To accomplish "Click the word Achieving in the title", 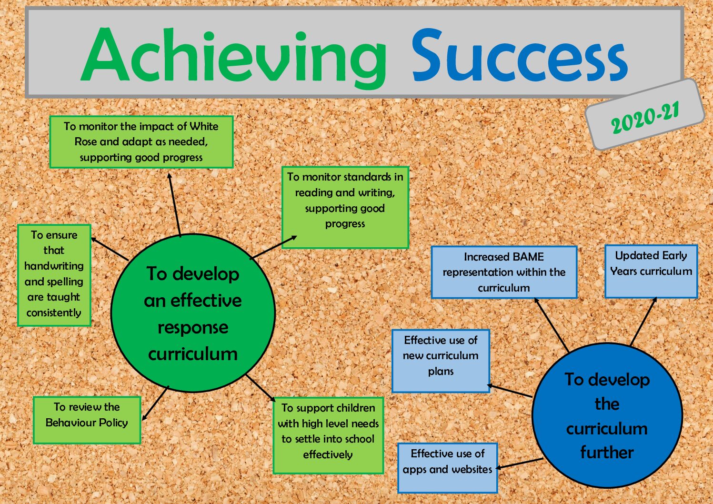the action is [x=234, y=57].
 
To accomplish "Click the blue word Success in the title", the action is [x=520, y=55].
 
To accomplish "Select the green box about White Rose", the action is [x=141, y=141].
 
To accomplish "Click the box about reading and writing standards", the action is [x=345, y=207].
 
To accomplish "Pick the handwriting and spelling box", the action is [x=54, y=275].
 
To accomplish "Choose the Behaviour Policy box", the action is [x=87, y=420].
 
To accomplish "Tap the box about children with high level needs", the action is [x=328, y=435].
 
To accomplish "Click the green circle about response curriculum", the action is [x=193, y=313].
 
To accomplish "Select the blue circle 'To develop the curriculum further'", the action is [x=607, y=415].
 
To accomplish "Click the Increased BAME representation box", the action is [x=504, y=272].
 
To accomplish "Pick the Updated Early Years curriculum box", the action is [x=651, y=271].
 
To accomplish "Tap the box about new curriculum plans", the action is [x=441, y=361].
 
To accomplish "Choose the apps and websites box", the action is [x=448, y=468].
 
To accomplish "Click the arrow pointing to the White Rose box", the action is [x=174, y=205].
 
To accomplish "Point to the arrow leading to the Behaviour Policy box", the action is [x=155, y=403].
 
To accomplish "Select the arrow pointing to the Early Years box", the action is [x=643, y=322].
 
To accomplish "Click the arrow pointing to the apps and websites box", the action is [x=520, y=464].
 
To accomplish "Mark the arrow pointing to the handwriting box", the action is [x=110, y=249].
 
